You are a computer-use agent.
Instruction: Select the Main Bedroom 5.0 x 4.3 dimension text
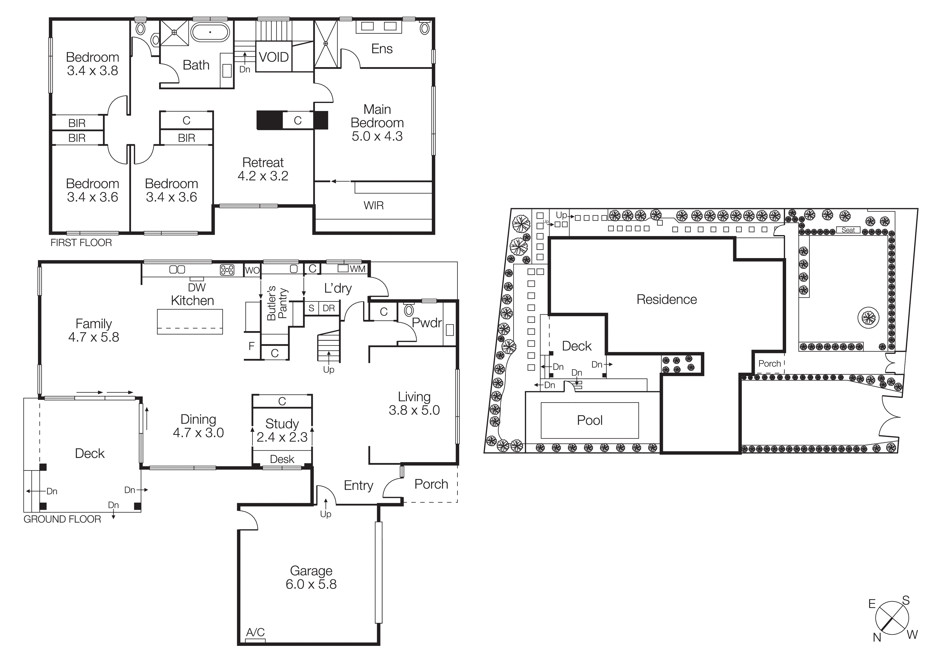pos(377,136)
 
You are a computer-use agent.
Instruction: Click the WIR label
pos(373,205)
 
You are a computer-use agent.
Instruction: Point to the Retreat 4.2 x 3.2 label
pos(263,169)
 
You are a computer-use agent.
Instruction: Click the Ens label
pos(382,49)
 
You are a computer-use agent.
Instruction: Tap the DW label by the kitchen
pos(197,288)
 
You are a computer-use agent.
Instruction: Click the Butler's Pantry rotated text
pos(277,303)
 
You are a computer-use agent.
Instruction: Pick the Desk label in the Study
pos(282,459)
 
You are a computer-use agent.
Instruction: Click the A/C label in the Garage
pos(255,632)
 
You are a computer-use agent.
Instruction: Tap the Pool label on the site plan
pos(590,420)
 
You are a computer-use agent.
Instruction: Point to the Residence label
pos(666,300)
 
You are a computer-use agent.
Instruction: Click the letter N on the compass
pos(877,637)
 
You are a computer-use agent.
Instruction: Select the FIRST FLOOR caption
pos(81,243)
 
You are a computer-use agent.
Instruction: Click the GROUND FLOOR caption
pos(62,519)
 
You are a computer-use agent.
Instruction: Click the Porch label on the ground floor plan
pos(431,484)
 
